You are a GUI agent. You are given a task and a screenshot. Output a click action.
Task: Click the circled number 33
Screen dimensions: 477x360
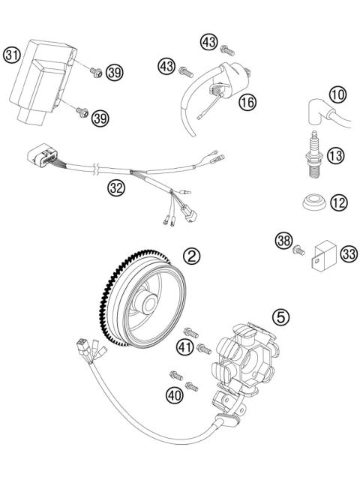tap(347, 254)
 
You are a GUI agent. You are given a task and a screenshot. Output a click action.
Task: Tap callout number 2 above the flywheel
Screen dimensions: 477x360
tap(193, 256)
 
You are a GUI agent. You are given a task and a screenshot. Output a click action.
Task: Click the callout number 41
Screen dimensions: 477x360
tap(184, 346)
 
